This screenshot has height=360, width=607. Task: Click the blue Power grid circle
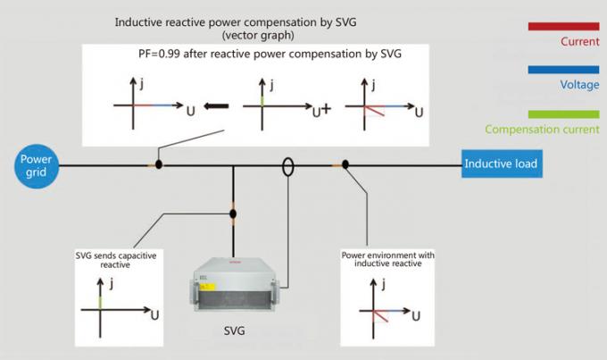(37, 166)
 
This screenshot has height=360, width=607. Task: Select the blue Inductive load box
(502, 163)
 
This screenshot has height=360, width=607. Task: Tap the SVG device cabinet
(234, 284)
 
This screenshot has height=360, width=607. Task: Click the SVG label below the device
(234, 331)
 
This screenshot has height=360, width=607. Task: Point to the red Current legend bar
(563, 26)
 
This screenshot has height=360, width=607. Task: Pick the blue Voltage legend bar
(563, 70)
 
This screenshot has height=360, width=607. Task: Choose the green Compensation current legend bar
(563, 114)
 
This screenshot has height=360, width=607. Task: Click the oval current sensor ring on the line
(287, 167)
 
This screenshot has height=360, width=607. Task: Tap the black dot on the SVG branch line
(233, 213)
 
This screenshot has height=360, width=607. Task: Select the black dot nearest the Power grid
(159, 164)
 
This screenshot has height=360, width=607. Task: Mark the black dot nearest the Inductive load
(345, 164)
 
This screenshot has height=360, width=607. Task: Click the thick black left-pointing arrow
(216, 105)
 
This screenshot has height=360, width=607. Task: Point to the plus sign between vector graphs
(326, 109)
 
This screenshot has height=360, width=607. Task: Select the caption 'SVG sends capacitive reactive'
(116, 260)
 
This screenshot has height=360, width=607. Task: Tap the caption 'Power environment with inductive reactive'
(388, 259)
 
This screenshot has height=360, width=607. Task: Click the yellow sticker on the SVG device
(207, 287)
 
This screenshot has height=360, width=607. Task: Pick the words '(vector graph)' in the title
(258, 35)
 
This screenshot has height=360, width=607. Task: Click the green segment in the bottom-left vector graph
(100, 302)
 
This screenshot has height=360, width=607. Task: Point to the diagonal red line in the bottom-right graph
(380, 316)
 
